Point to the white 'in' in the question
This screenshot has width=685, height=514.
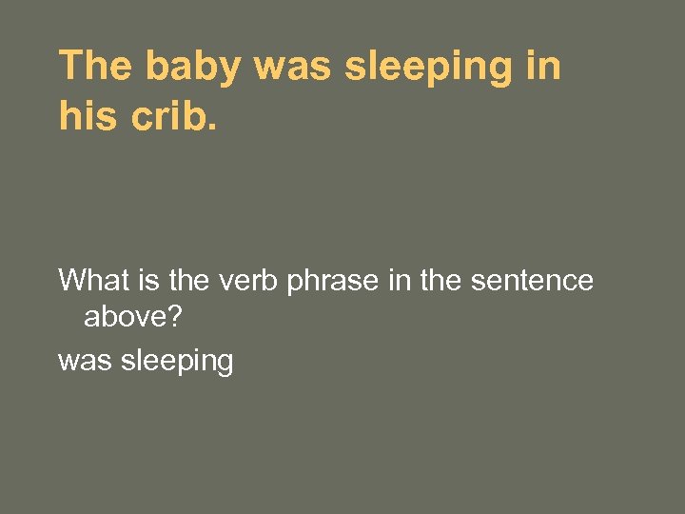401,281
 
